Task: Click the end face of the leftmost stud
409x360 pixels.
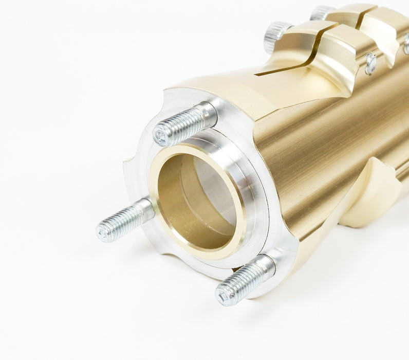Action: click(x=103, y=233)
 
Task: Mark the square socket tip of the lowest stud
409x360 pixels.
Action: click(x=224, y=296)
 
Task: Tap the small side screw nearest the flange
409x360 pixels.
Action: click(x=370, y=63)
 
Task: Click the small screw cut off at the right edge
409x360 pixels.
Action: click(x=406, y=43)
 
